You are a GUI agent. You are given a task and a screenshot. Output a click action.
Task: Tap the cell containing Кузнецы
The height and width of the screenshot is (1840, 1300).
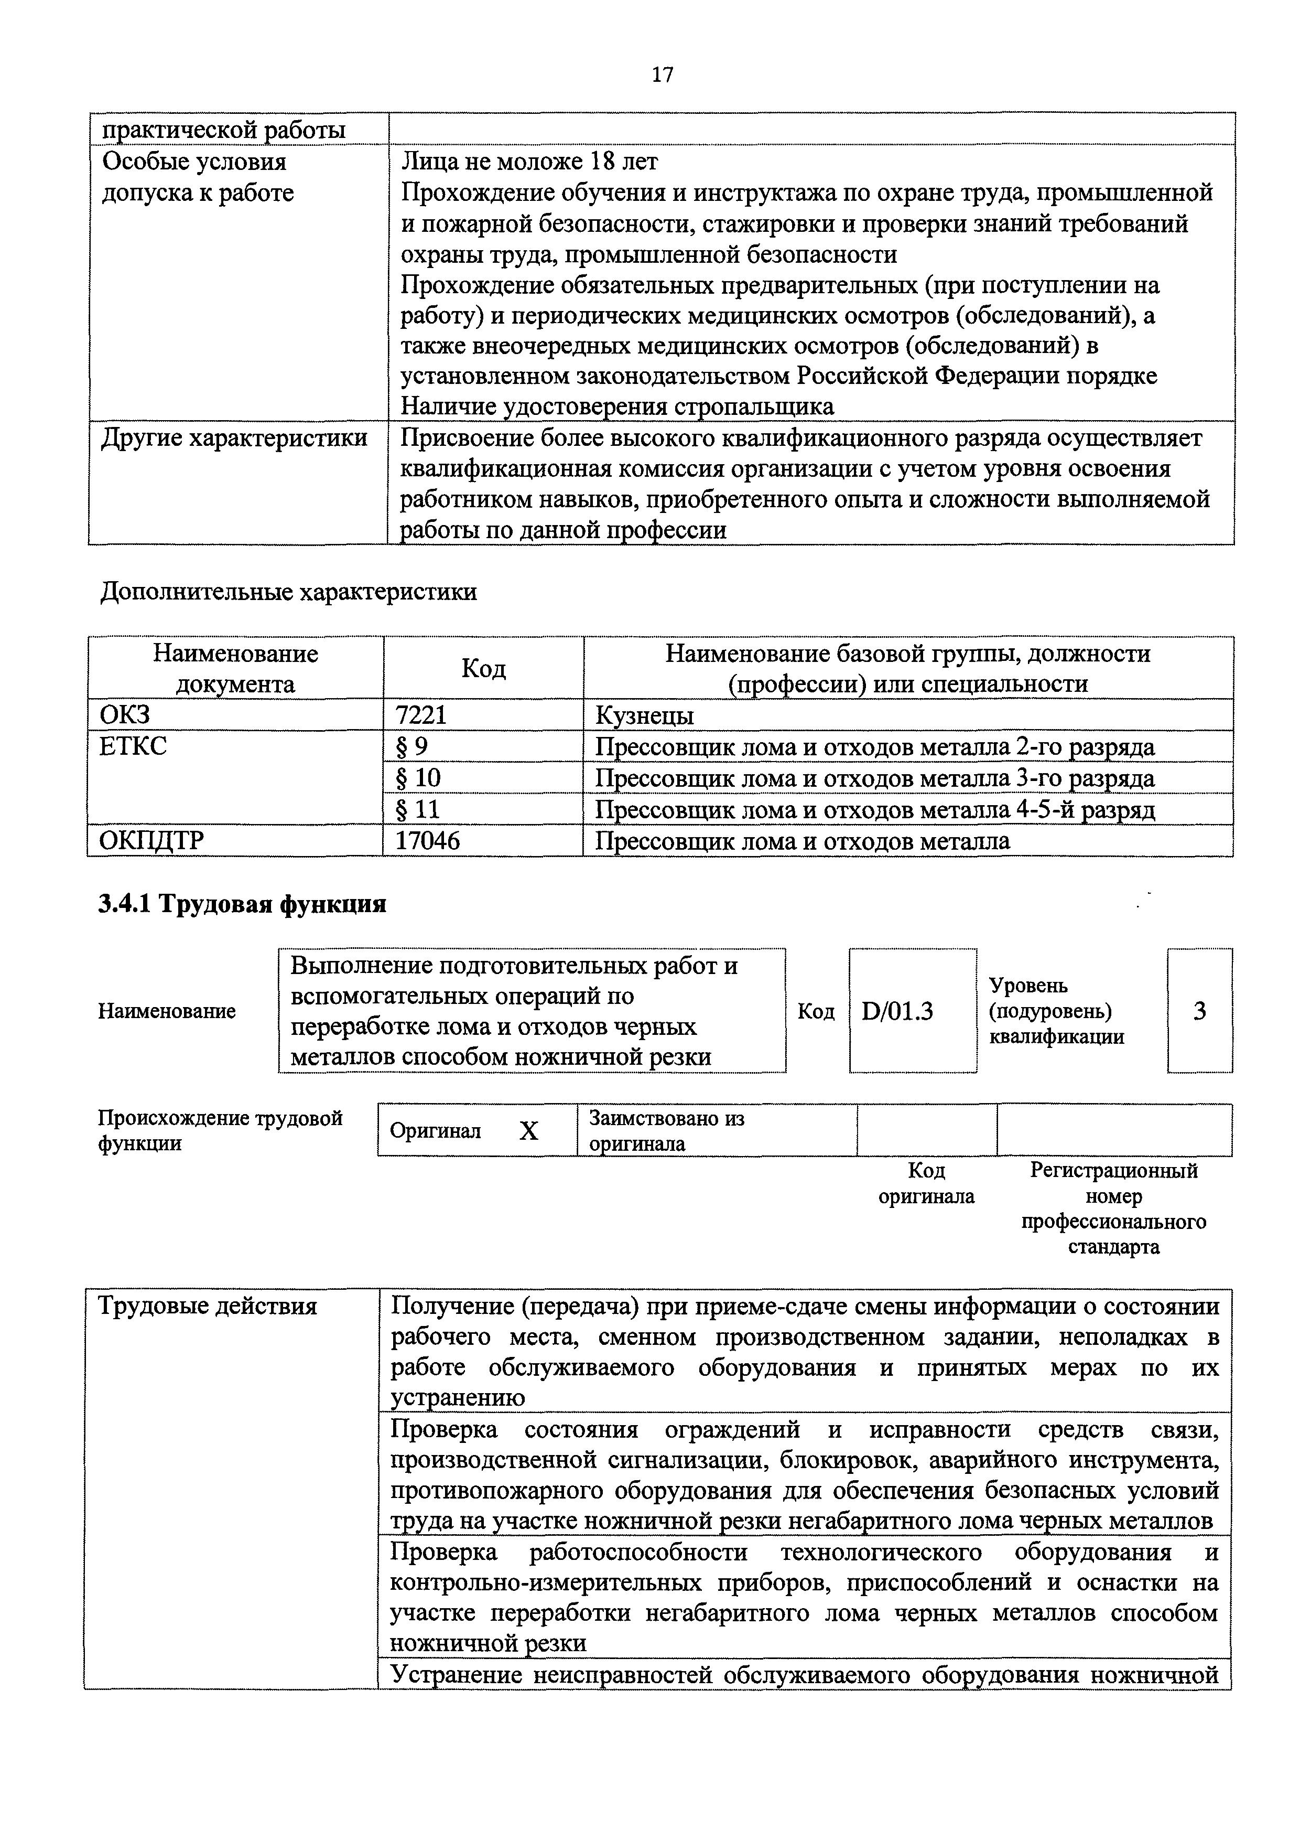pos(644,715)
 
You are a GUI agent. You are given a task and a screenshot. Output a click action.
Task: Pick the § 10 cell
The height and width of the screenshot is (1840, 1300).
pos(419,778)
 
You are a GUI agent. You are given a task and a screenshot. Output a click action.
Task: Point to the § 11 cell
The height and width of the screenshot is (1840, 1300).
pos(418,809)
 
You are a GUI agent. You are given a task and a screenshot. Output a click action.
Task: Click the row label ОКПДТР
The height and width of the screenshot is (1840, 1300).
pos(151,841)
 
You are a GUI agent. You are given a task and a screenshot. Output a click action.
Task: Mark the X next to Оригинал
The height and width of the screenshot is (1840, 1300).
pos(529,1131)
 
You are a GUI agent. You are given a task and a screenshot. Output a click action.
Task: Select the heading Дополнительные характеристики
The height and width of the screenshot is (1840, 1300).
pos(288,592)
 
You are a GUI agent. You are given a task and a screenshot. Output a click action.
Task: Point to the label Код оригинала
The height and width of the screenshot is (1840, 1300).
pos(927,1184)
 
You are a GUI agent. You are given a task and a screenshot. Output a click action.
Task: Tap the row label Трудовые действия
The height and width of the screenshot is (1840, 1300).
pos(208,1306)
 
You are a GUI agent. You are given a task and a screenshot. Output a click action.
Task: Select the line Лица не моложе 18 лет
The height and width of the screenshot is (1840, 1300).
pos(529,162)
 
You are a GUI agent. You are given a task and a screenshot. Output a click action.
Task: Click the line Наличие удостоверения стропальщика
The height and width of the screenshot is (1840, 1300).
pos(617,406)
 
